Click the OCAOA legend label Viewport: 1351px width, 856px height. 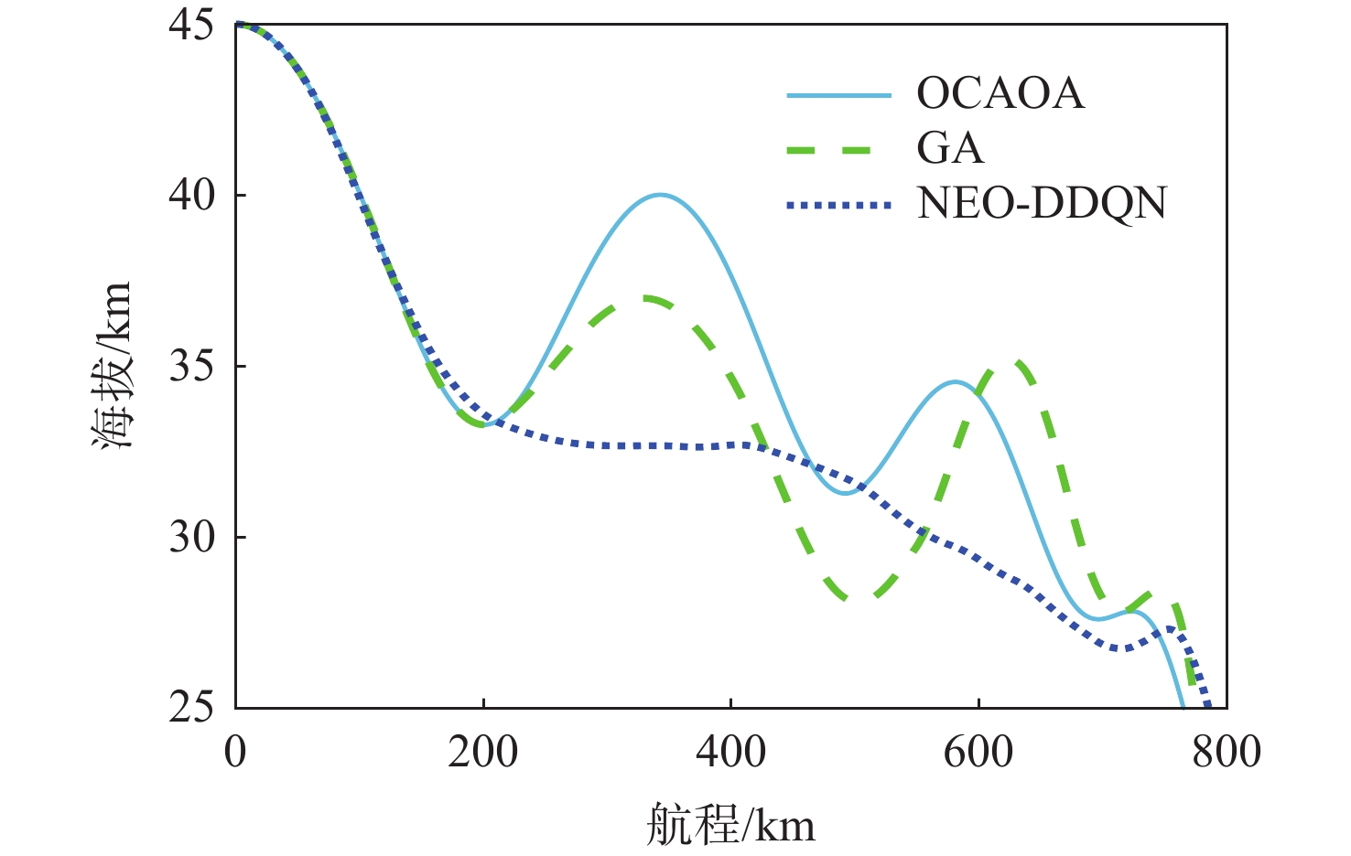point(1000,93)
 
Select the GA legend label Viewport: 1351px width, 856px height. point(950,148)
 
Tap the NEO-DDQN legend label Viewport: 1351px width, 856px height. point(1042,203)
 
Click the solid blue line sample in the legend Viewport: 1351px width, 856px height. point(838,95)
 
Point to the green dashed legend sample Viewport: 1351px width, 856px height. point(838,150)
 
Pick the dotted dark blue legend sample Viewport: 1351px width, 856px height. point(838,206)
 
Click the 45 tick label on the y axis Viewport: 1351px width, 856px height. point(191,25)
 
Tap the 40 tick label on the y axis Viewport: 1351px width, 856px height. point(191,195)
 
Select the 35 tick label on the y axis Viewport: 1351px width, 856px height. point(191,366)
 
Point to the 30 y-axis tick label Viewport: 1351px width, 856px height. point(191,537)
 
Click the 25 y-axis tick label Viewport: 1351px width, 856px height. point(191,707)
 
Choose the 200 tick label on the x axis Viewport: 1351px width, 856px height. point(482,752)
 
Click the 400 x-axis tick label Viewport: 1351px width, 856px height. point(730,752)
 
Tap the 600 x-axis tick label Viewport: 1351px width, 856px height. point(978,752)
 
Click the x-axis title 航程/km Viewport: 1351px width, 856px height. point(730,824)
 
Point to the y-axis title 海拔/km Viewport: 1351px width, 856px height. point(113,366)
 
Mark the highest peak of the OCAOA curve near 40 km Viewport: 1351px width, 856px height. point(659,195)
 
